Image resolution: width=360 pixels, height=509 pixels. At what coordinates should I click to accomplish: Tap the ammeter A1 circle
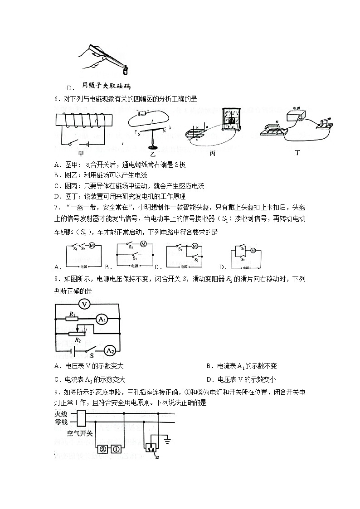101,320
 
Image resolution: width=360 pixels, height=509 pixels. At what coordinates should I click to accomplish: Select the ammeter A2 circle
109,350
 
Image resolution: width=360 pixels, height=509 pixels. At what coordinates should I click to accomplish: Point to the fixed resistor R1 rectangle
73,319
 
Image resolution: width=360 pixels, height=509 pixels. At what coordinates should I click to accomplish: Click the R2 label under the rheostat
78,340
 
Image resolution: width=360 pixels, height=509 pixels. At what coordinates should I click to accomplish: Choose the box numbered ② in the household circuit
102,449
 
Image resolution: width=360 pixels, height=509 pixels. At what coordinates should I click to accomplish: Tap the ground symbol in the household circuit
168,439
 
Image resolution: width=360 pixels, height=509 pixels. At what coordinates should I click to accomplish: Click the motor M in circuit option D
253,251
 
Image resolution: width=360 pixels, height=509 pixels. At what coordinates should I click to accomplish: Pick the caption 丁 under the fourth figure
297,153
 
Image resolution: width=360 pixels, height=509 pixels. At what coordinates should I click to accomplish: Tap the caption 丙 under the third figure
212,154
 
